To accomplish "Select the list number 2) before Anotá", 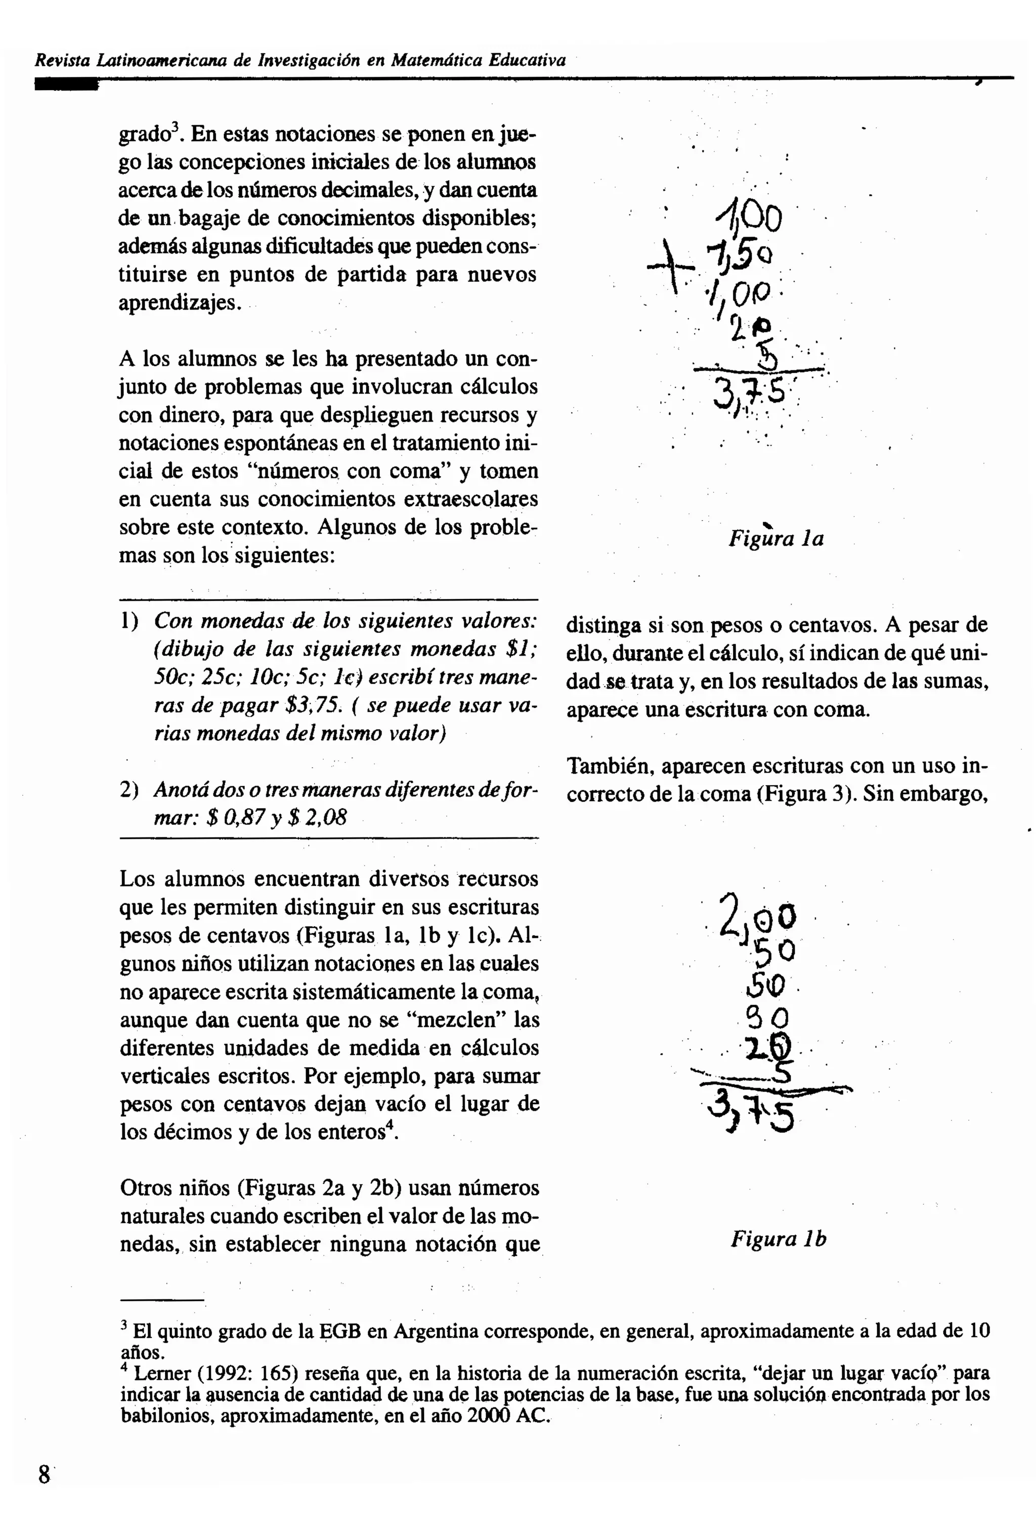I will [x=129, y=790].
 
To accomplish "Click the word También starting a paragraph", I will [x=610, y=767].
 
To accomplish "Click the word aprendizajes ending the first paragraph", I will [x=178, y=303].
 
